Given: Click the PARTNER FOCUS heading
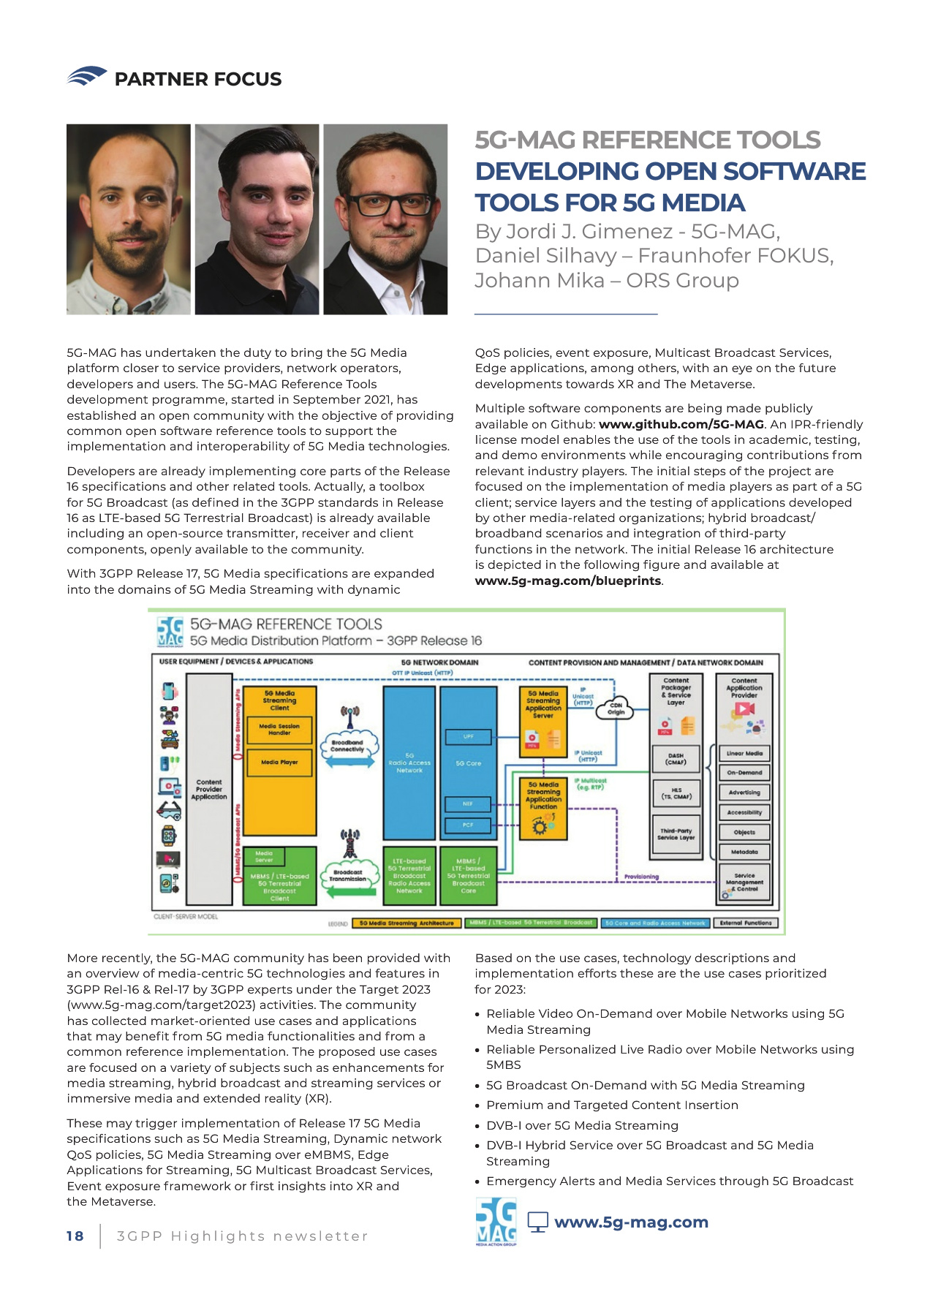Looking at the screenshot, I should [x=197, y=79].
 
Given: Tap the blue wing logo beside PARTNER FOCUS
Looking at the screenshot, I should [x=87, y=76].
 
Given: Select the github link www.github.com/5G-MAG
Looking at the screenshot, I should [x=681, y=424].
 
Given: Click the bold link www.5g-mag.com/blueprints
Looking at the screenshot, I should [x=568, y=581].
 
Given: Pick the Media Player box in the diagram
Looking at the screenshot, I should [x=279, y=762].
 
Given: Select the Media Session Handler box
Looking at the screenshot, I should [x=279, y=729].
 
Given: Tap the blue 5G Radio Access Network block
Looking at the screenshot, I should [x=409, y=763].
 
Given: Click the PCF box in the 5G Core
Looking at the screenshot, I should [x=468, y=825].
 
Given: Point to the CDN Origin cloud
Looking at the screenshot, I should [x=616, y=708].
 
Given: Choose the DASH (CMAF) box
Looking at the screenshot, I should [x=676, y=759].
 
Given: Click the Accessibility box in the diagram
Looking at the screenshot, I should [x=744, y=812].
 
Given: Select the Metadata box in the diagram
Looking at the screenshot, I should [x=744, y=852].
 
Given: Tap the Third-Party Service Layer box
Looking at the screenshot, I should [x=676, y=834].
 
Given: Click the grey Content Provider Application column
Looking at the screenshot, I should [x=209, y=790].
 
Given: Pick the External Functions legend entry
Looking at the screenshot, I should [x=745, y=923].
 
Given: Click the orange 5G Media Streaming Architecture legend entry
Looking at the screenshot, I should [x=407, y=923].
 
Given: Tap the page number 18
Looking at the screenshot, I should [x=75, y=1236].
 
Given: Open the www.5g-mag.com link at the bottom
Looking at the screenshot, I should [x=631, y=1222].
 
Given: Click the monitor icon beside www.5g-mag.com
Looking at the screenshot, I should [x=538, y=1222].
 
